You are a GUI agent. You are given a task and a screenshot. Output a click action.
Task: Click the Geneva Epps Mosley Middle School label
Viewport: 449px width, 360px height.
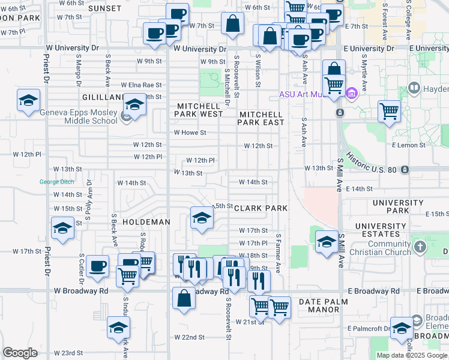pyautogui.click(x=78, y=116)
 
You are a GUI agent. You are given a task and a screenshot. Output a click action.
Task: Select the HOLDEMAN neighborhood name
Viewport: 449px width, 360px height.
pyautogui.click(x=146, y=222)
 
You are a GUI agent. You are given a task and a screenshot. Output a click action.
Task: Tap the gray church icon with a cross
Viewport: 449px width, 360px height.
pyautogui.click(x=420, y=246)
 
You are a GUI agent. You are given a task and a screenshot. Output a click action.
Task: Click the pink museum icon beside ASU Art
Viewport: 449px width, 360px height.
pyautogui.click(x=352, y=93)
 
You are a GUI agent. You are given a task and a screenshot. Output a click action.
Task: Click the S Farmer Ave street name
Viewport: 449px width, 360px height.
pyautogui.click(x=279, y=252)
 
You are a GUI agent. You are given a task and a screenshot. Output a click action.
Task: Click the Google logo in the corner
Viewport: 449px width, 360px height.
pyautogui.click(x=20, y=353)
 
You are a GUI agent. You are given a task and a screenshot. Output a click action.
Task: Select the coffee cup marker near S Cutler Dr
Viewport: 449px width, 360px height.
pyautogui.click(x=97, y=266)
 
